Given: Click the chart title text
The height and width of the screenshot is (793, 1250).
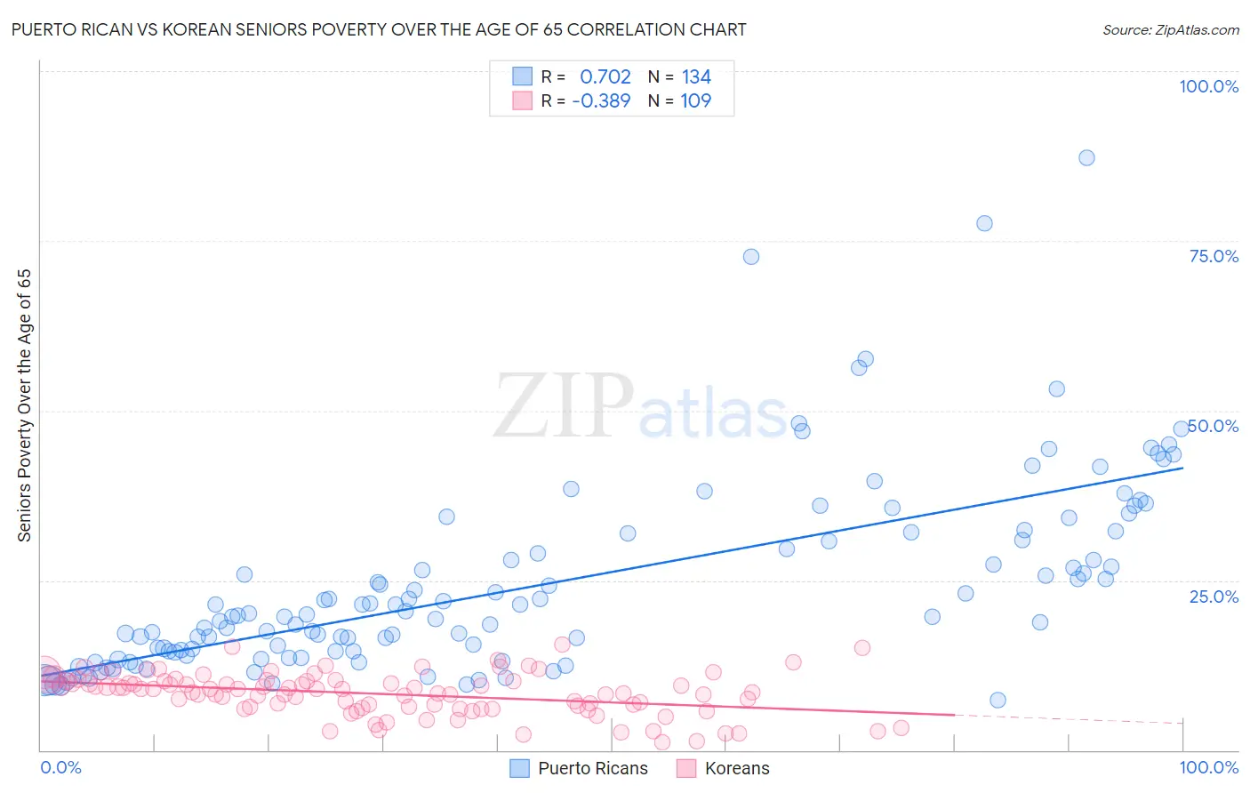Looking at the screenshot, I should (x=379, y=29).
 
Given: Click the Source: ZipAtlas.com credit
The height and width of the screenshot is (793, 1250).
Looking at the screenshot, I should (x=1170, y=29).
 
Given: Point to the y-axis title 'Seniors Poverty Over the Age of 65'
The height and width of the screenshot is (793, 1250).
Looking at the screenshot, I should (x=24, y=405).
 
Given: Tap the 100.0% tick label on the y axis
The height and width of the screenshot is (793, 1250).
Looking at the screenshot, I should (x=1208, y=86).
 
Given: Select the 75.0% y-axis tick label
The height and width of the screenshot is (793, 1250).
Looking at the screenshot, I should (x=1214, y=256).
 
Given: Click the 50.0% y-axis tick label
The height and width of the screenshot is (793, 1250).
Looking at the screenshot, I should (x=1214, y=426).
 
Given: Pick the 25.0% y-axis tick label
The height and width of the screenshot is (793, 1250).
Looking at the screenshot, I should (x=1214, y=596).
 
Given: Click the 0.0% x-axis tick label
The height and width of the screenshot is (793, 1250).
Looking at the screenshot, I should (x=60, y=767).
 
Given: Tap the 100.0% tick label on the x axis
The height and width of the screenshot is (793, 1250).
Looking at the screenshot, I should (x=1208, y=767).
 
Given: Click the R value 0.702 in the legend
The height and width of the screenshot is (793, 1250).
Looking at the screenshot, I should (x=605, y=77).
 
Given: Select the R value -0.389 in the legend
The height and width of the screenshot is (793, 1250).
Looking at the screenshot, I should (x=601, y=101).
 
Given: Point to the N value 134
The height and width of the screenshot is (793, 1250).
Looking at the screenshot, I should (x=696, y=77).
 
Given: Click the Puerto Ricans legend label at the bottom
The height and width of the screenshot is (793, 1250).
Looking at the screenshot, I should (x=592, y=768).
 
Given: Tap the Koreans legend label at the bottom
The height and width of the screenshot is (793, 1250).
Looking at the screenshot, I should (x=736, y=768).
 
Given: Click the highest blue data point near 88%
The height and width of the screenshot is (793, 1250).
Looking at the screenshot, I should (x=1086, y=158).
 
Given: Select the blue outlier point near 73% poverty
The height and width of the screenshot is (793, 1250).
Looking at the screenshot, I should (x=751, y=257).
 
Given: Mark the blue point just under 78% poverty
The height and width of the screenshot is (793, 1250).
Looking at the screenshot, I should (x=984, y=224).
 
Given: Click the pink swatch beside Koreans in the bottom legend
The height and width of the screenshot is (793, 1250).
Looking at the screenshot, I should (x=686, y=768).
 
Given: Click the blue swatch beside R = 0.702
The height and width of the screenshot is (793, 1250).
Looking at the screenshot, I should (x=522, y=77).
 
